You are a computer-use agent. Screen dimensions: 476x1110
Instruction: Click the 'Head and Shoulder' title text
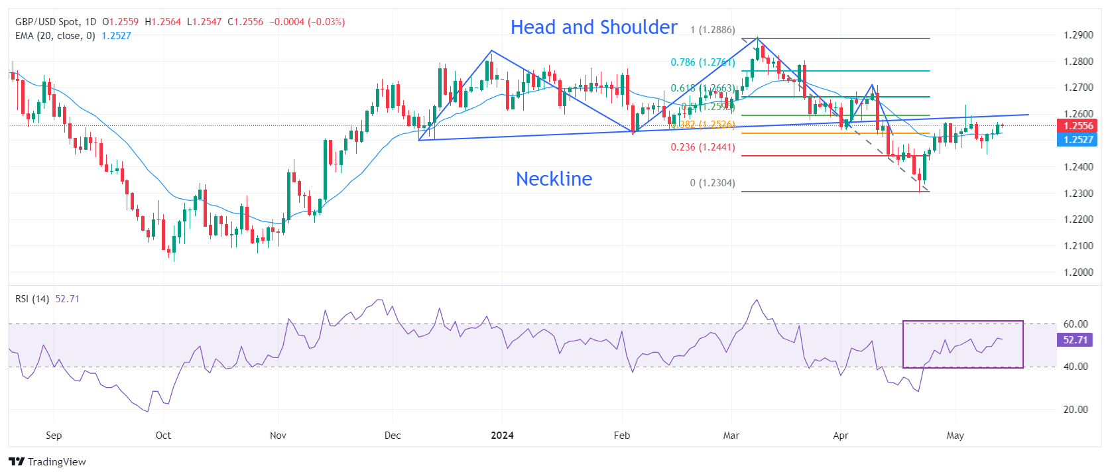593,27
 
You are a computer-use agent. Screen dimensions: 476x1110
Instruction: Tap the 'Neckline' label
554,179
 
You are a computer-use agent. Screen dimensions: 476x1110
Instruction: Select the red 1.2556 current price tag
1078,126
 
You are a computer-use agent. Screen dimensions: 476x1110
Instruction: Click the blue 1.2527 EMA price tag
1078,140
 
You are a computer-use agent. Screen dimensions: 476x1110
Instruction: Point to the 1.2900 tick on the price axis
1078,35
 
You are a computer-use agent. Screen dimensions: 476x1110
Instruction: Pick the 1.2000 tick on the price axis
1078,272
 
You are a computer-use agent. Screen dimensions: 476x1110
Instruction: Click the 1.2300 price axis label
1078,194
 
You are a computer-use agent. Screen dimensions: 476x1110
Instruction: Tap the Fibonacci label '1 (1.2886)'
712,30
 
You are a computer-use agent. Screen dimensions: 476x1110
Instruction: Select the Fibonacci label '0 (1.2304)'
712,183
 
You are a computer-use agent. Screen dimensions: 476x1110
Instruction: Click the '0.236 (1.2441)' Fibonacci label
702,147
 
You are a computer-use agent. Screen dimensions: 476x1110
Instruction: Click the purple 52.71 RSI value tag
1075,340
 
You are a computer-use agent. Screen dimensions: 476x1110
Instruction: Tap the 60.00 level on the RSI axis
1075,324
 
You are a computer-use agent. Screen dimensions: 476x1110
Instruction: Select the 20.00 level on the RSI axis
1075,410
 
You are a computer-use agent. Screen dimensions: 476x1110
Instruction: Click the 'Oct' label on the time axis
163,436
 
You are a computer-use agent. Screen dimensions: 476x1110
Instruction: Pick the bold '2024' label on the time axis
502,436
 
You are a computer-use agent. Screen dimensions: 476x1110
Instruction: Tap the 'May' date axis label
955,436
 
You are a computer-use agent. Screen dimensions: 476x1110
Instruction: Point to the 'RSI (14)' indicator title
32,299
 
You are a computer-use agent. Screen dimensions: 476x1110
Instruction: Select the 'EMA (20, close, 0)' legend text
55,36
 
